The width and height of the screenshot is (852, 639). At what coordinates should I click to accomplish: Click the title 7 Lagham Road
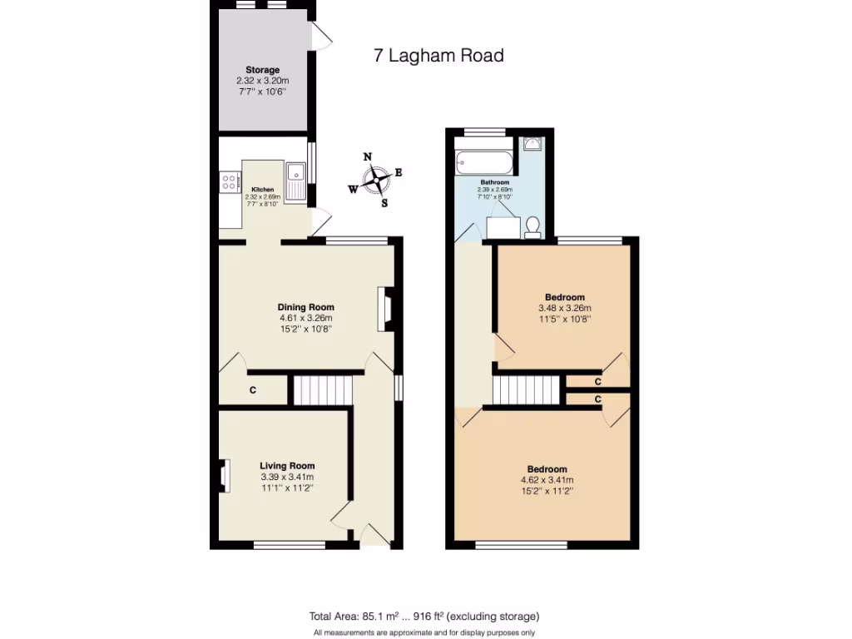point(438,56)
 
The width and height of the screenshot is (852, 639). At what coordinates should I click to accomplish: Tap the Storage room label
point(262,70)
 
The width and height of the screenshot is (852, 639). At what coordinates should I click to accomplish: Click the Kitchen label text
point(263,190)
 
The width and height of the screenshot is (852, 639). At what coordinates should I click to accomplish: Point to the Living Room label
point(287,466)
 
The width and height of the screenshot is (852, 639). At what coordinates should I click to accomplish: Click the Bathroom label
point(495,181)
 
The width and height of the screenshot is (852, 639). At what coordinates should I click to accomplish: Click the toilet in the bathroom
point(534,224)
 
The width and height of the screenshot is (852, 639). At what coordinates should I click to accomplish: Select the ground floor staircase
point(321,389)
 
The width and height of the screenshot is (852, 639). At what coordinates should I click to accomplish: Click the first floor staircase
point(525,389)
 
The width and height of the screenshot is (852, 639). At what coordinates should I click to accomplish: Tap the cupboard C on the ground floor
point(252,390)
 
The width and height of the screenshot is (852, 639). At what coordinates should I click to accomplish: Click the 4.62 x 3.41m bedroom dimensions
point(547,480)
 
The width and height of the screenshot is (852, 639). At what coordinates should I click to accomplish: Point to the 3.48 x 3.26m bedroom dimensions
point(565,308)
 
